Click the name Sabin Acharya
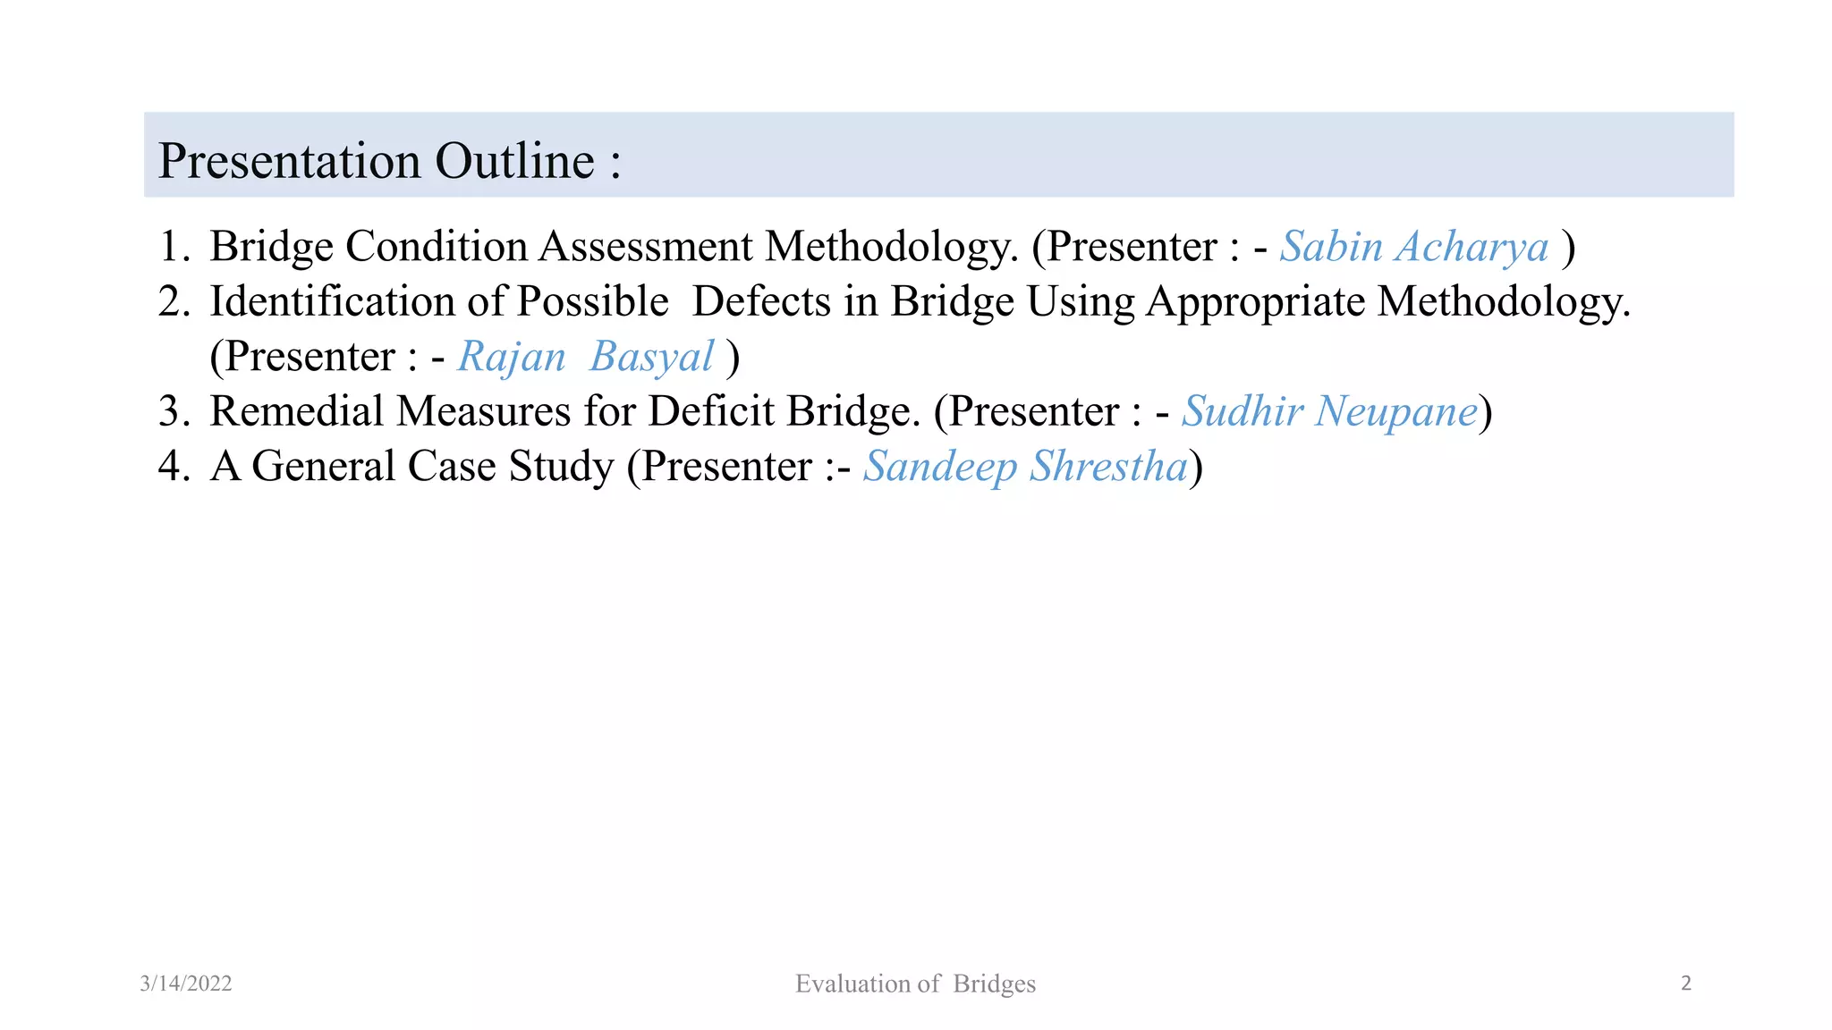[1413, 247]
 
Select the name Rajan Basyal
[586, 357]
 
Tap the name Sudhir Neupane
[1329, 412]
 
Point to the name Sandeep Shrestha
[1025, 467]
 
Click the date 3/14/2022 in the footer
[186, 984]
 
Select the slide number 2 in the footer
[1686, 984]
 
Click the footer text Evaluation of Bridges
[915, 984]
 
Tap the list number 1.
[172, 247]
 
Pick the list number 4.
[172, 467]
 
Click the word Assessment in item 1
[645, 247]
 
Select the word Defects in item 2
[761, 302]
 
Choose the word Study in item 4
[562, 467]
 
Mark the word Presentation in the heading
[289, 162]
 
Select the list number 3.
[172, 412]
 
